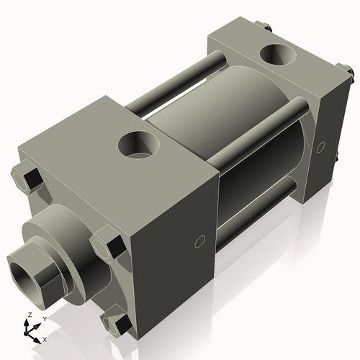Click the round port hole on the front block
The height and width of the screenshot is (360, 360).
coord(137,146)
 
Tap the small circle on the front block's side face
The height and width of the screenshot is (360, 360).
coord(202,240)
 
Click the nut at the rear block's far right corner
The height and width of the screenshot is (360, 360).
coord(348,73)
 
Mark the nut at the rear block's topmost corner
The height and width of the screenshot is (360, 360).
coord(267,30)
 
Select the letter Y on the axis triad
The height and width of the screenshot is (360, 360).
coord(44,318)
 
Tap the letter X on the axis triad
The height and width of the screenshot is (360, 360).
coord(45,339)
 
